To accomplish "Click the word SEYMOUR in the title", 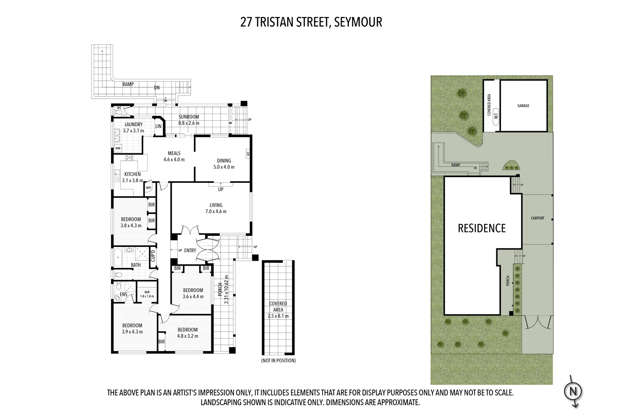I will [358, 22].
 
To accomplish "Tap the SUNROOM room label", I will [189, 117].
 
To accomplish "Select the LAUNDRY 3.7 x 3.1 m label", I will [133, 128].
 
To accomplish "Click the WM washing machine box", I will [118, 148].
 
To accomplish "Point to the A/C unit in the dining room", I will [248, 154].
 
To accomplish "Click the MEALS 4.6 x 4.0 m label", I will [174, 156].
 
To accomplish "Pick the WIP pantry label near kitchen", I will [148, 188].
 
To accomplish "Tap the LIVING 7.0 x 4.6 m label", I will [216, 208].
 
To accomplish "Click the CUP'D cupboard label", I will [153, 256].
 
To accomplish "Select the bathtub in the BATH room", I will [117, 256].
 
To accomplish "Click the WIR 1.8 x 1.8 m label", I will [147, 294].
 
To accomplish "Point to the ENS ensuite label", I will [123, 294].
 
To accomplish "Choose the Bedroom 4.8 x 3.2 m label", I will [188, 333].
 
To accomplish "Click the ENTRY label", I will [190, 250].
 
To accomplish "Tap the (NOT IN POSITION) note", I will [278, 360].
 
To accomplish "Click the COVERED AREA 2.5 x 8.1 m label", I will [278, 310].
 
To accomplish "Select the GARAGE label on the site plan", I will [523, 106].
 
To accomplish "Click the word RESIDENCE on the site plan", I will [481, 228].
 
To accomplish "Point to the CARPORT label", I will [537, 218].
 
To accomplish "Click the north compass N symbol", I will [573, 391].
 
